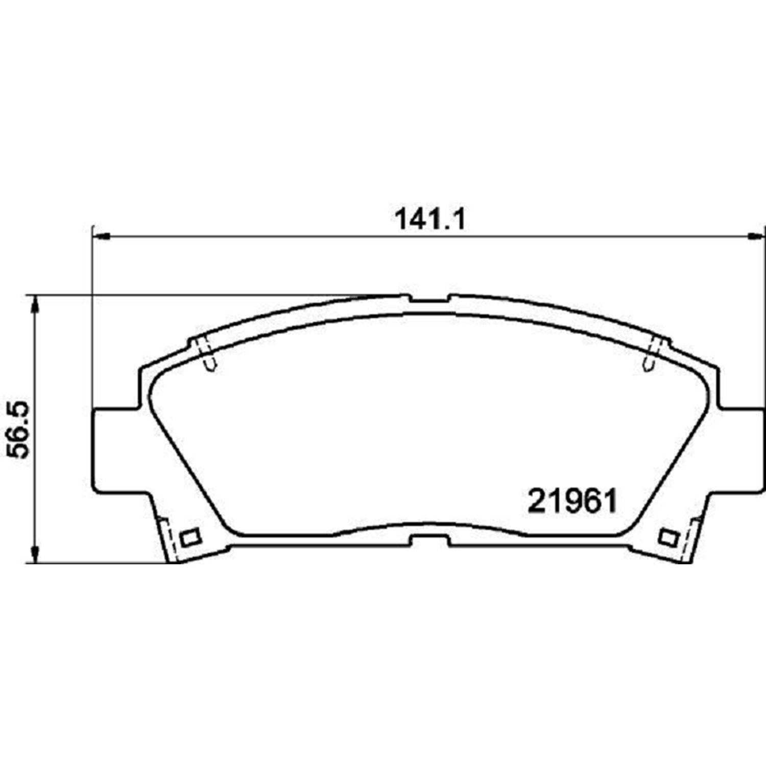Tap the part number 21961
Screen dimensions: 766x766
pyautogui.click(x=572, y=501)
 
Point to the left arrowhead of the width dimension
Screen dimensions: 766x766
pyautogui.click(x=102, y=236)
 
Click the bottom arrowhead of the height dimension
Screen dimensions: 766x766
pyautogui.click(x=35, y=555)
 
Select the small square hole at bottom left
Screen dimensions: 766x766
pyautogui.click(x=190, y=537)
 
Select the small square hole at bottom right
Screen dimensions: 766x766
pyautogui.click(x=667, y=537)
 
